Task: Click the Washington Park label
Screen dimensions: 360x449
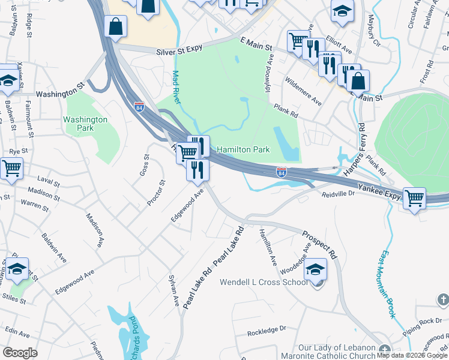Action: pyautogui.click(x=85, y=124)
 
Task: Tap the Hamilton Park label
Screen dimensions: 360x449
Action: pyautogui.click(x=243, y=149)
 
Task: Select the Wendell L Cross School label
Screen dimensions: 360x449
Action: pyautogui.click(x=264, y=282)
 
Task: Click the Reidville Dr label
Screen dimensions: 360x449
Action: pyautogui.click(x=339, y=195)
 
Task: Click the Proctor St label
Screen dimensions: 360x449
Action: pyautogui.click(x=156, y=193)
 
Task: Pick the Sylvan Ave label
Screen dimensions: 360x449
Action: pyautogui.click(x=173, y=293)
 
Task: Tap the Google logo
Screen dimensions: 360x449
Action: pyautogui.click(x=20, y=353)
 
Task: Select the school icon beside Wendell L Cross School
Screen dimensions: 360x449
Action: pyautogui.click(x=316, y=270)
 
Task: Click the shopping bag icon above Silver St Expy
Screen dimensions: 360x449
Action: pyautogui.click(x=115, y=26)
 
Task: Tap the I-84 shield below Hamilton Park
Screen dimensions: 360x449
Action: pyautogui.click(x=281, y=172)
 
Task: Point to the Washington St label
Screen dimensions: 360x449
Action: pyautogui.click(x=60, y=94)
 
